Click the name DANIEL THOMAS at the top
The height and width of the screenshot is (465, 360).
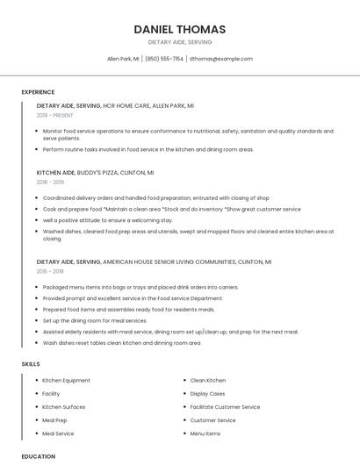[x=179, y=29]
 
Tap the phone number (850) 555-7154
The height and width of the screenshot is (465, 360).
[x=164, y=59]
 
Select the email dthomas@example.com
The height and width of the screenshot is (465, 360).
[x=221, y=59]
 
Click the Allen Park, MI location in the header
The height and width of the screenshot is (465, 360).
[x=123, y=59]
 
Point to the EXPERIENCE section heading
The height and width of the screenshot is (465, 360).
[x=38, y=92]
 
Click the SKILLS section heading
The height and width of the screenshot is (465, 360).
[x=31, y=363]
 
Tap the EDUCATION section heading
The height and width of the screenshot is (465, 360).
[x=38, y=456]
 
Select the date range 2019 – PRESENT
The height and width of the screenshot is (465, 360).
[x=55, y=115]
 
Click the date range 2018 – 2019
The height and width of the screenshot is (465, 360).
[x=50, y=182]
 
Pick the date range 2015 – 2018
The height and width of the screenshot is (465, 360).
[x=50, y=272]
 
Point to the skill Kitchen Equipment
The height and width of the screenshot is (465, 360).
[x=66, y=381]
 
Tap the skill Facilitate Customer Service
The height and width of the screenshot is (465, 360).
[x=225, y=407]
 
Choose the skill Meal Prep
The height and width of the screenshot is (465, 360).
[x=54, y=420]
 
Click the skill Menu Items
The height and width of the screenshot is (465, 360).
[x=205, y=433]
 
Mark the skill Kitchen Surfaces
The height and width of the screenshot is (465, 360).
[x=64, y=407]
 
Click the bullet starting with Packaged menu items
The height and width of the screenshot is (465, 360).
[x=140, y=287]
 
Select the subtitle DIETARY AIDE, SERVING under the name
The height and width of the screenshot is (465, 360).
[x=179, y=42]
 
